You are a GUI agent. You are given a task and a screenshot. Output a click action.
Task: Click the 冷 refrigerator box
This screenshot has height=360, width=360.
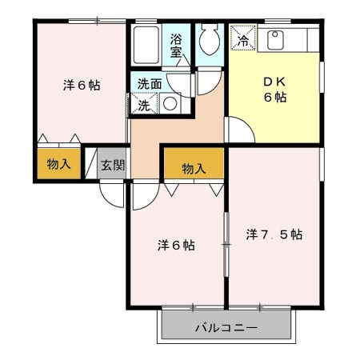(243, 38)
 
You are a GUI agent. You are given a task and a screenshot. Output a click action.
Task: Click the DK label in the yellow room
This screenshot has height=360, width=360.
(274, 81)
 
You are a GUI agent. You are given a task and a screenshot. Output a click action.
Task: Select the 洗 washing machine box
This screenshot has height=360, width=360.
(145, 103)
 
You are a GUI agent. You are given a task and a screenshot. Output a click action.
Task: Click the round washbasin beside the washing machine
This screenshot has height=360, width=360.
(170, 103)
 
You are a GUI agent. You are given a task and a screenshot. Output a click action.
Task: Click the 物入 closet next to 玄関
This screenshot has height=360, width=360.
(58, 165)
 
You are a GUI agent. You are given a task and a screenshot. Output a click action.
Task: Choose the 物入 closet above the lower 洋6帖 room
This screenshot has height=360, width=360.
(194, 168)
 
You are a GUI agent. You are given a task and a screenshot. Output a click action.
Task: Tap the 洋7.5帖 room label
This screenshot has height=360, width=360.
(274, 234)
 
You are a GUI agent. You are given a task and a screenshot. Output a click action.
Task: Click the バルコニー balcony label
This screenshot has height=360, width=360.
(225, 329)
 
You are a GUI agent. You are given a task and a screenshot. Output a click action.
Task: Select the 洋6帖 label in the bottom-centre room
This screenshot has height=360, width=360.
(175, 245)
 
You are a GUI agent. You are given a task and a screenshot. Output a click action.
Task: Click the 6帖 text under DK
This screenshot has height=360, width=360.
(274, 98)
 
